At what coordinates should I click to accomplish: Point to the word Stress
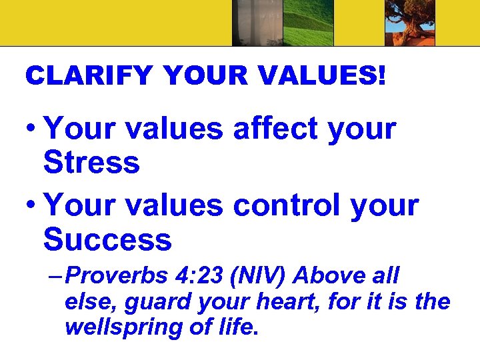pos(91,162)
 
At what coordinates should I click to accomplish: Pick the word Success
pos(107,239)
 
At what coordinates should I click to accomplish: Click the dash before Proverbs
pos(56,276)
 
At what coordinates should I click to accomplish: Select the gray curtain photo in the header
pos(257,23)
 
